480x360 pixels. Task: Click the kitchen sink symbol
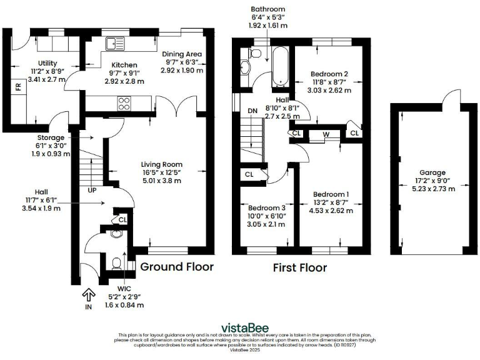point(116,43)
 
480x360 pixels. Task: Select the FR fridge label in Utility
point(18,87)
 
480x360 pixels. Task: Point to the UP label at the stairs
point(92,189)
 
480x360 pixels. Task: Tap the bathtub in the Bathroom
point(278,66)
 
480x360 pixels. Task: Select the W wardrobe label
point(326,133)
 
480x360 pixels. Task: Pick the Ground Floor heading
point(176,267)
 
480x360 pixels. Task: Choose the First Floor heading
point(300,268)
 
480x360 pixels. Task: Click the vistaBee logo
point(239,327)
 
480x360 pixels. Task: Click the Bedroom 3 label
point(266,207)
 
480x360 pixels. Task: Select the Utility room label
point(48,64)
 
